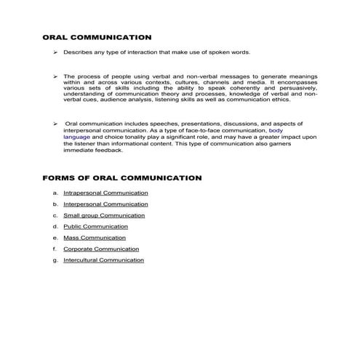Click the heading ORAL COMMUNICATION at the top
97,37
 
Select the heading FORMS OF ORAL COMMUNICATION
121,177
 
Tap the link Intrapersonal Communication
105,193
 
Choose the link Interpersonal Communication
105,204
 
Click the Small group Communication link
104,215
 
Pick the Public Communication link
95,226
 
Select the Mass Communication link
94,238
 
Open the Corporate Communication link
101,249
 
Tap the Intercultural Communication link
103,260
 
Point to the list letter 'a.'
55,193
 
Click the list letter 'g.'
55,260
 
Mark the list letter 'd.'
55,226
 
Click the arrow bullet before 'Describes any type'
55,53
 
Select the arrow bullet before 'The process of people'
55,76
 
